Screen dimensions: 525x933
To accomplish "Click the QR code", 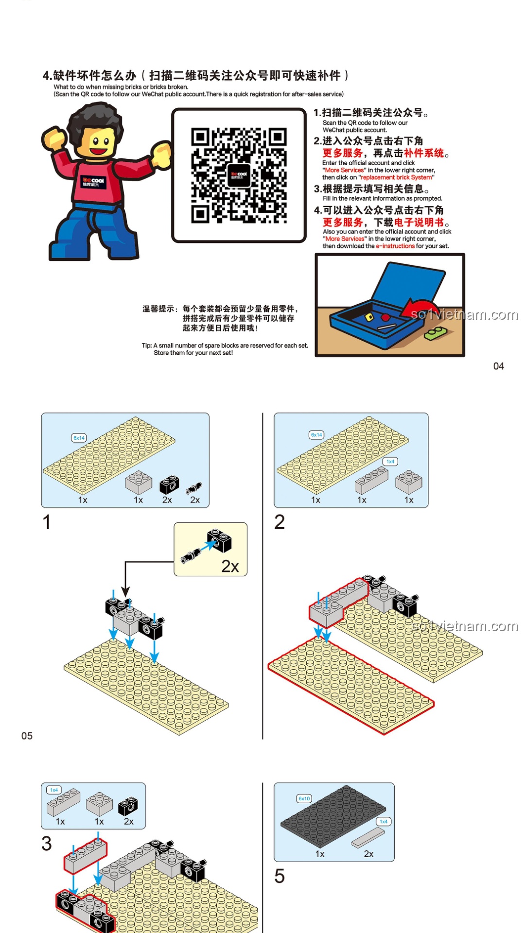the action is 239,175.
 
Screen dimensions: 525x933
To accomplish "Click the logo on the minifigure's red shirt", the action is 93,182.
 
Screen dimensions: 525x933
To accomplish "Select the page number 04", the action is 499,366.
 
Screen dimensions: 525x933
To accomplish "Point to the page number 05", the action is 27,736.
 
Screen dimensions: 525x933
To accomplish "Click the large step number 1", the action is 47,522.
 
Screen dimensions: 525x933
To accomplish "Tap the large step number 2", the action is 280,522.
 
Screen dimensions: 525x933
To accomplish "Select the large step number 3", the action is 47,844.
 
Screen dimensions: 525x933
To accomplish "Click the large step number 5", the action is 280,876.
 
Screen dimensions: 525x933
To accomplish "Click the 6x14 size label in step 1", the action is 79,438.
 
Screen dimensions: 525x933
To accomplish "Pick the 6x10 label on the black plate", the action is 304,798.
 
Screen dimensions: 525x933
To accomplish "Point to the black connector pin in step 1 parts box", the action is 194,487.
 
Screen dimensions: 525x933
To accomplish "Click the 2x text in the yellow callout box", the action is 230,566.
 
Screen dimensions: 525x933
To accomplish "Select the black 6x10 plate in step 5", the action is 333,812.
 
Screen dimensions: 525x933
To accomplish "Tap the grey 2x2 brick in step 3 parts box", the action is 100,804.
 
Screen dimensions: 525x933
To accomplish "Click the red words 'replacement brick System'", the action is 397,177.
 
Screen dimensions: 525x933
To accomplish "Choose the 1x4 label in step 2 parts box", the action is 390,461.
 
